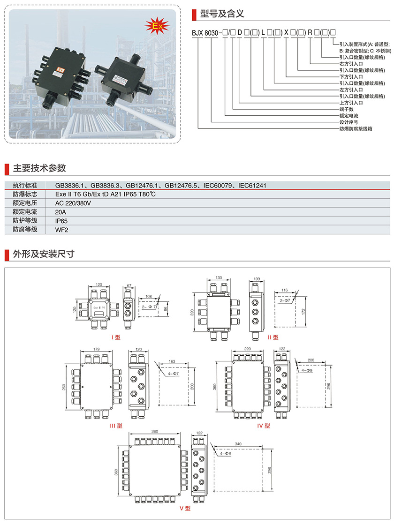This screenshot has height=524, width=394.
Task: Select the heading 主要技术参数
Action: pyautogui.click(x=39, y=168)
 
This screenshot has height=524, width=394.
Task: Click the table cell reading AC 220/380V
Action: pyautogui.click(x=73, y=203)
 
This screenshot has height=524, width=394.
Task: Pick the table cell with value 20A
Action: pyautogui.click(x=61, y=212)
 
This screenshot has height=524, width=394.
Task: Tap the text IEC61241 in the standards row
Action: pyautogui.click(x=252, y=186)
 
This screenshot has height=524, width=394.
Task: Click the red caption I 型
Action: pyautogui.click(x=116, y=337)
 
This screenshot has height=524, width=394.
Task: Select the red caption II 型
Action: pyautogui.click(x=273, y=337)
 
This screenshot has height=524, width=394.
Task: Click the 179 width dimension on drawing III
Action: pyautogui.click(x=97, y=349)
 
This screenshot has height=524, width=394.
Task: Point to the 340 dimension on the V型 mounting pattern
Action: pyautogui.click(x=238, y=443)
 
